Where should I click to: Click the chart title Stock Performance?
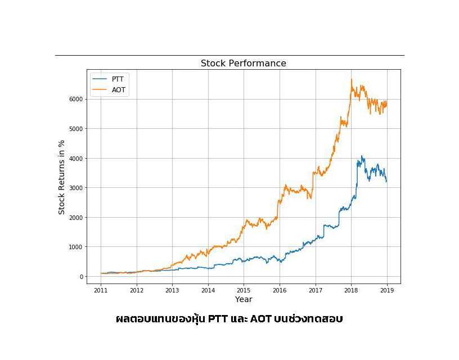click(x=243, y=64)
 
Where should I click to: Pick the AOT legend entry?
click(x=118, y=89)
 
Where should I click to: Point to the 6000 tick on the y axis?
click(x=76, y=99)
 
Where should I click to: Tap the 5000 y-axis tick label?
click(x=76, y=129)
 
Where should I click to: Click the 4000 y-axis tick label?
click(x=76, y=158)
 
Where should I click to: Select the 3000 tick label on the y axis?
click(x=76, y=188)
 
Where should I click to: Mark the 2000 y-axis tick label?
click(x=76, y=218)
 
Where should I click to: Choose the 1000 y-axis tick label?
click(x=76, y=247)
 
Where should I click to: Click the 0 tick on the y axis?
click(x=82, y=277)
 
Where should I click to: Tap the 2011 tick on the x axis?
click(x=101, y=290)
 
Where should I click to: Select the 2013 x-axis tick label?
click(x=172, y=290)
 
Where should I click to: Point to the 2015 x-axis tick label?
click(x=244, y=290)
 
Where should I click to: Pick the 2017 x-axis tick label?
click(x=315, y=290)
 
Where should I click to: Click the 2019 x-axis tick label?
click(x=387, y=290)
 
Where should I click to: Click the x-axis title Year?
click(x=244, y=299)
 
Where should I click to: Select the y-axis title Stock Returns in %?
click(x=62, y=177)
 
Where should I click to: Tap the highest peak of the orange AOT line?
click(x=352, y=79)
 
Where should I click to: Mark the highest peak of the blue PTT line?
click(x=362, y=156)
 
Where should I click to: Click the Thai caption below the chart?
click(x=229, y=319)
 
